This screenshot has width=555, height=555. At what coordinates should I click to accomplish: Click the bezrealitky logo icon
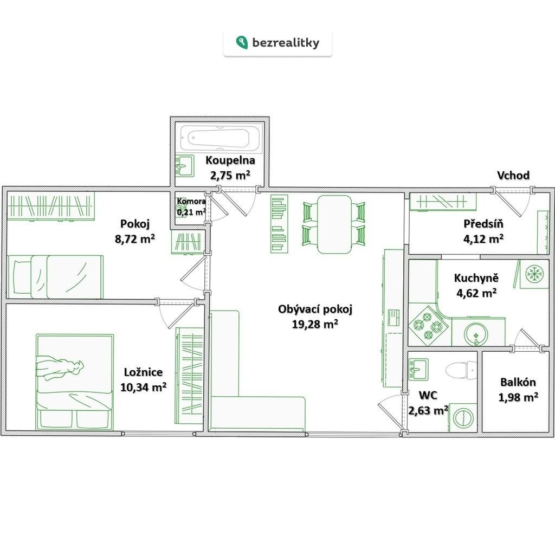pyautogui.click(x=242, y=42)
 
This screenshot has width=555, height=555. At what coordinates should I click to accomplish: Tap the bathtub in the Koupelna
pyautogui.click(x=221, y=138)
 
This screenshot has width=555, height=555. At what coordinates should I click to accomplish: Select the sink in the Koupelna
pyautogui.click(x=184, y=166)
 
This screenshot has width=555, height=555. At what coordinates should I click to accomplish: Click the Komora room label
pyautogui.click(x=191, y=202)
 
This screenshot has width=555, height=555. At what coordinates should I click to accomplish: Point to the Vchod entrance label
pyautogui.click(x=513, y=175)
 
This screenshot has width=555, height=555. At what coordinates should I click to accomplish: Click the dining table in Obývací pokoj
pyautogui.click(x=334, y=224)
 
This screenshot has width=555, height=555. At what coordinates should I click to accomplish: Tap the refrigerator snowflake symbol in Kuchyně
pyautogui.click(x=534, y=274)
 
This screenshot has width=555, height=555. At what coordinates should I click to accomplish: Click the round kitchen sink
pyautogui.click(x=476, y=334)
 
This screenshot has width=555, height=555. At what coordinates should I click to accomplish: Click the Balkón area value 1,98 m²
pyautogui.click(x=518, y=397)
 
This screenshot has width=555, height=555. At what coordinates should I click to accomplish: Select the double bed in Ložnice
pyautogui.click(x=75, y=382)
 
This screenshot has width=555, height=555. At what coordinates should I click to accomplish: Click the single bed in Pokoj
pyautogui.click(x=56, y=277)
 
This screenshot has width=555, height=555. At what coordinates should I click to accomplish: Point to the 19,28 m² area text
pyautogui.click(x=315, y=324)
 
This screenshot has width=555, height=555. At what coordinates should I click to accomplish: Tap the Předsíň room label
pyautogui.click(x=483, y=224)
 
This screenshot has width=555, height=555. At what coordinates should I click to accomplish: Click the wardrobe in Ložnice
pyautogui.click(x=189, y=376)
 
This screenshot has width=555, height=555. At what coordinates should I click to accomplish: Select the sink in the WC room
pyautogui.click(x=418, y=369)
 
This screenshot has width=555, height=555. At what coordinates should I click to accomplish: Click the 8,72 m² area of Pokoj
pyautogui.click(x=135, y=238)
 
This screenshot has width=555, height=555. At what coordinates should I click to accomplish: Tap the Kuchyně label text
pyautogui.click(x=476, y=278)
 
